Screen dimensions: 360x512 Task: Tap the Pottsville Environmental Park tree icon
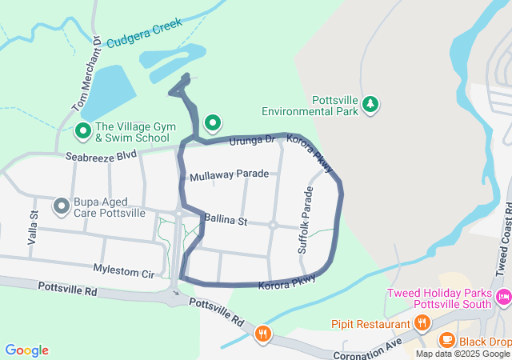point(370,103)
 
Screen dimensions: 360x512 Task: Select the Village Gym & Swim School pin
point(83,130)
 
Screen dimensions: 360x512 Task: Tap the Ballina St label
point(226,218)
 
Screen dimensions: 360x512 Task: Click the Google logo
point(26,350)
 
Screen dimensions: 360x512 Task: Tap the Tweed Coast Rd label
point(502,237)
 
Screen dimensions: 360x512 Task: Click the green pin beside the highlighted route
point(212,122)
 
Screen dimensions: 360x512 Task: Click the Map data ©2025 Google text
point(462,354)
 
